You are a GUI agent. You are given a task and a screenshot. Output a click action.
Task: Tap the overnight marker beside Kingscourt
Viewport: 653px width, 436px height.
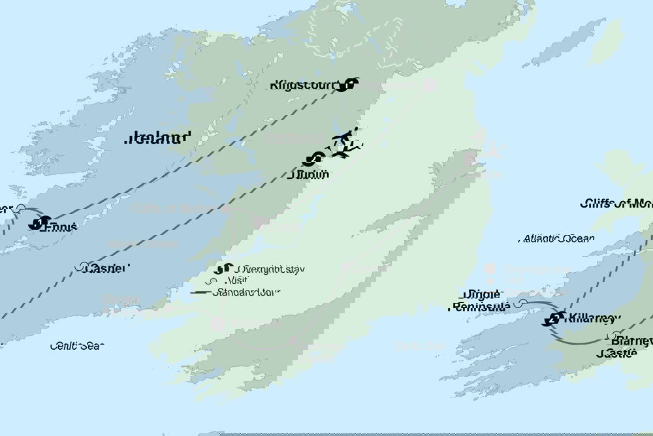pyautogui.click(x=352, y=84)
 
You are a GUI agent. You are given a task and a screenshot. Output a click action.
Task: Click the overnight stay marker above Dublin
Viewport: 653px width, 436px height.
pyautogui.click(x=315, y=159)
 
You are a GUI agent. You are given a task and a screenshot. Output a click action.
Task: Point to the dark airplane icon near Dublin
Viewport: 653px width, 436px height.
pyautogui.click(x=345, y=144)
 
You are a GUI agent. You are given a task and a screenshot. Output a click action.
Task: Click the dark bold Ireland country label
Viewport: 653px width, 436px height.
pyautogui.click(x=159, y=138)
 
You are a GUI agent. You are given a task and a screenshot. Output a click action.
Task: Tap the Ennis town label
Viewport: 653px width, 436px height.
pyautogui.click(x=61, y=226)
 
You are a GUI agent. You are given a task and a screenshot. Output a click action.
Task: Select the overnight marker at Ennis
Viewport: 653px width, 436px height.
pyautogui.click(x=38, y=223)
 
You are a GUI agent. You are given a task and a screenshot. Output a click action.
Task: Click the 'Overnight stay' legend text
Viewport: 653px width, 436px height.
pyautogui.click(x=271, y=269)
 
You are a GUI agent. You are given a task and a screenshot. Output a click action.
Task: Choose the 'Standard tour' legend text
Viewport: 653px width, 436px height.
pyautogui.click(x=259, y=292)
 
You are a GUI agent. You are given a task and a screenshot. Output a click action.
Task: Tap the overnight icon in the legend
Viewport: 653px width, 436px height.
pyautogui.click(x=223, y=269)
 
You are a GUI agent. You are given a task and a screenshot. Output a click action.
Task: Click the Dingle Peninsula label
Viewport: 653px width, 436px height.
pyautogui.click(x=481, y=300)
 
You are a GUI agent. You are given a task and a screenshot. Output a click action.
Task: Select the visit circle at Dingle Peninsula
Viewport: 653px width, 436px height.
pyautogui.click(x=521, y=304)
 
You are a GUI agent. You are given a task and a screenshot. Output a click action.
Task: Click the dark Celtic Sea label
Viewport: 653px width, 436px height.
pyautogui.click(x=76, y=346)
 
